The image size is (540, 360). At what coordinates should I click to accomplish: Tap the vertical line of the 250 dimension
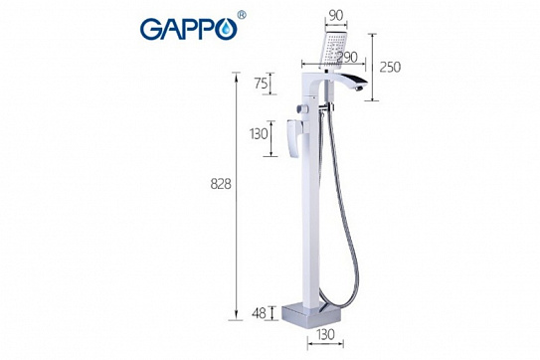(373, 60)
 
